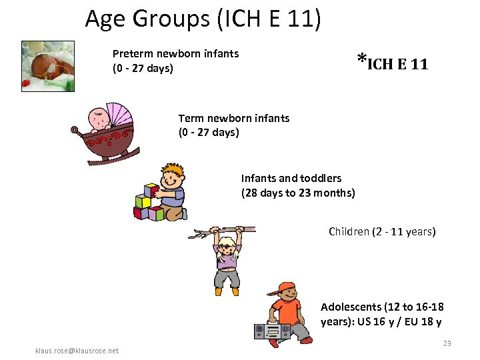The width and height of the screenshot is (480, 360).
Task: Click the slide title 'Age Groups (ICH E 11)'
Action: tap(203, 19)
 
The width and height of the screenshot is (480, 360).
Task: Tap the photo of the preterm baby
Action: tap(48, 65)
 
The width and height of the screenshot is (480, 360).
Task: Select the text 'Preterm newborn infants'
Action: tap(175, 53)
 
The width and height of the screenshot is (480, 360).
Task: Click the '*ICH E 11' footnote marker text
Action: tap(392, 63)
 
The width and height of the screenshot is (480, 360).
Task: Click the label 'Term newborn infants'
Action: tap(233, 118)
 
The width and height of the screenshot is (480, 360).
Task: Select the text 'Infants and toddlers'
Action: tap(291, 178)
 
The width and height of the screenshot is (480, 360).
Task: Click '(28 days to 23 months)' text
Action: tap(297, 193)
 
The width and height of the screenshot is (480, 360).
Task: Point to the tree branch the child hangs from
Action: tap(220, 231)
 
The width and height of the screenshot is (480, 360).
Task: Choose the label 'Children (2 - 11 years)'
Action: tap(381, 232)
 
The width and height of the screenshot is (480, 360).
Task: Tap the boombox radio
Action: tap(272, 330)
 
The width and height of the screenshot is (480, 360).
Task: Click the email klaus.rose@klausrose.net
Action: tap(77, 351)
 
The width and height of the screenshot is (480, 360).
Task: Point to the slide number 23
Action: tap(447, 343)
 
